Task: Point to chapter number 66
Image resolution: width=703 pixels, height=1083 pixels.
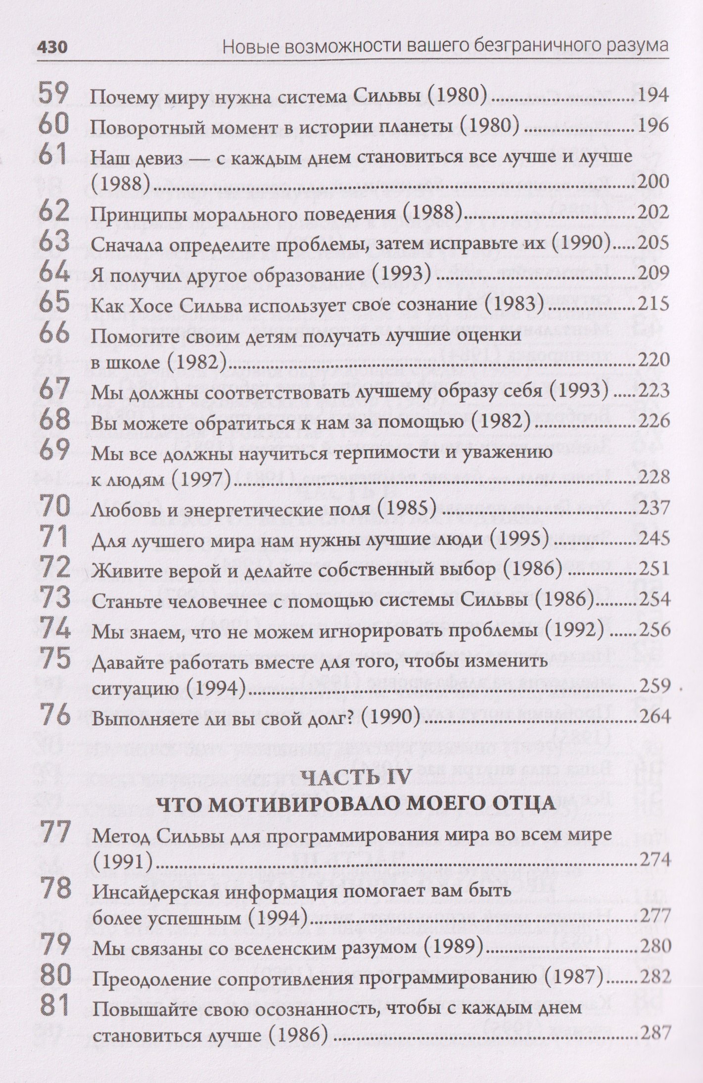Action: click(x=53, y=333)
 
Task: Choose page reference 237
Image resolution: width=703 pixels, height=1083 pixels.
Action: click(x=654, y=508)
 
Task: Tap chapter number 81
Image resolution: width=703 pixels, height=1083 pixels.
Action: click(x=53, y=1000)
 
